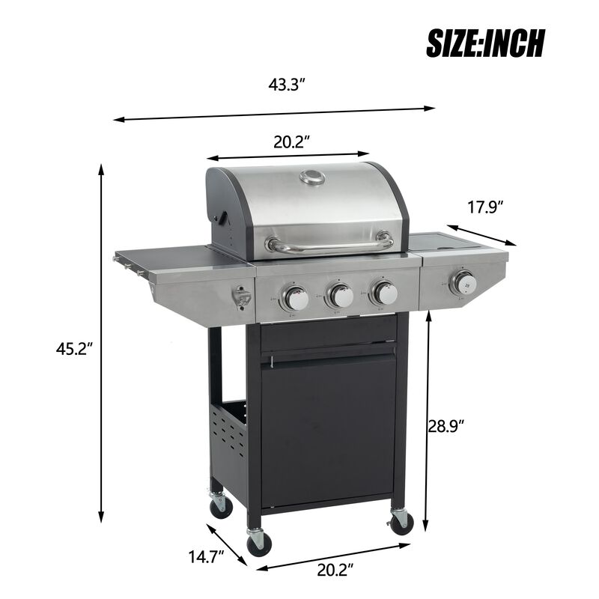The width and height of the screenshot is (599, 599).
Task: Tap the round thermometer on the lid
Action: (311, 177)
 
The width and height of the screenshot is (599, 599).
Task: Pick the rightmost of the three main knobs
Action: (385, 293)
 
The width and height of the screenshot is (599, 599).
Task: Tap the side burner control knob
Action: (463, 283)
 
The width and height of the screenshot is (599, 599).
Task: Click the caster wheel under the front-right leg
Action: (401, 520)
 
